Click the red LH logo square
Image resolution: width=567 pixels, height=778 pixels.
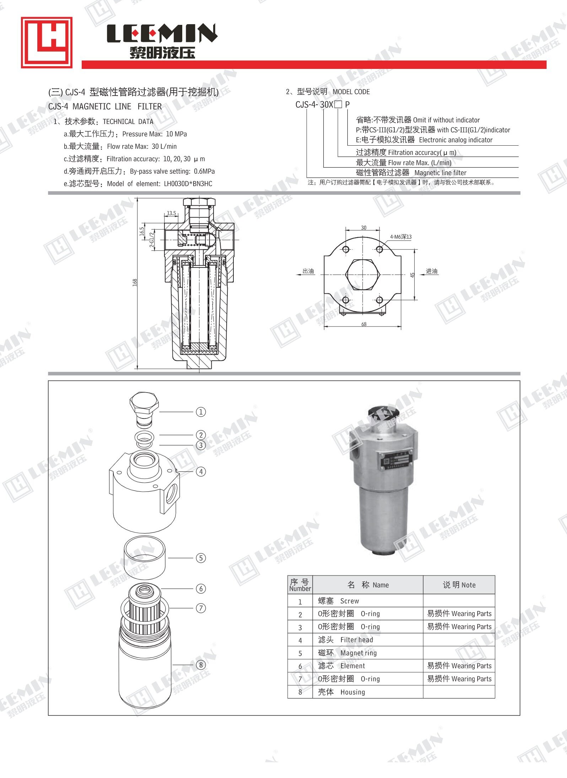click(47, 42)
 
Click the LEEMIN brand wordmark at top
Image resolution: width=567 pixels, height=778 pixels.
click(162, 33)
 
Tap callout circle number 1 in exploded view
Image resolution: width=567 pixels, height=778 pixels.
click(201, 412)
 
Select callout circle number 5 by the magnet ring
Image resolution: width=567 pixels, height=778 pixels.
click(201, 558)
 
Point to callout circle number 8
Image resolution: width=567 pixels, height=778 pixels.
click(201, 665)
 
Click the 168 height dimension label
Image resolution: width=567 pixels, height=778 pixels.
click(135, 282)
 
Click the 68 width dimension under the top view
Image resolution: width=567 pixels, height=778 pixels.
click(364, 324)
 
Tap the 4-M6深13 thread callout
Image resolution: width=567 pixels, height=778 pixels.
click(400, 237)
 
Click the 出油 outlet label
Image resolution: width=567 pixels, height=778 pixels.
click(308, 271)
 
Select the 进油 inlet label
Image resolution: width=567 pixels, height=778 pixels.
click(432, 271)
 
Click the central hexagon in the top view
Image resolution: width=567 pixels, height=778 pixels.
click(363, 275)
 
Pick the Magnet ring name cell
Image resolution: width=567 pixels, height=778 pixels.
click(358, 653)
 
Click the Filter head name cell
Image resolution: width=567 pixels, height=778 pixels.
click(356, 640)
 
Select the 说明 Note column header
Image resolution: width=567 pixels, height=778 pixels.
click(459, 585)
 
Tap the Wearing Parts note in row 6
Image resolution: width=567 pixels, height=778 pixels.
click(459, 666)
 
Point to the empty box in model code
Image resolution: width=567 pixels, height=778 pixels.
click(338, 104)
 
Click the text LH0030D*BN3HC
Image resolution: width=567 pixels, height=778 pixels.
click(188, 184)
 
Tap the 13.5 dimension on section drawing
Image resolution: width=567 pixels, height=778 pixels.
click(171, 213)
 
